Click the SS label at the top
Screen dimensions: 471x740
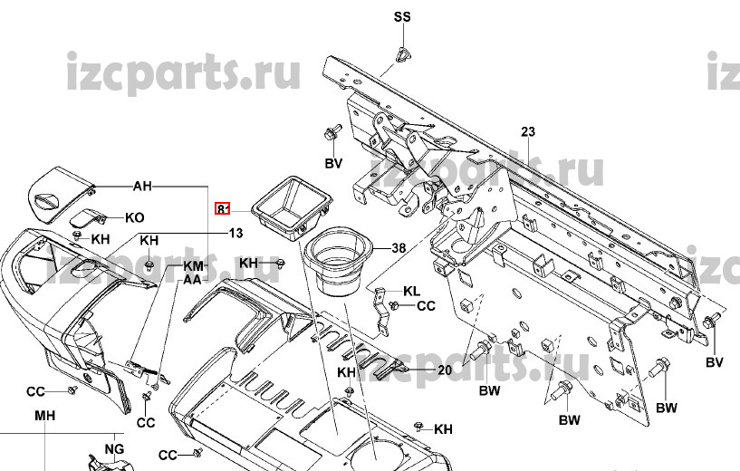(401, 18)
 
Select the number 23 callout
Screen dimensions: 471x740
(528, 132)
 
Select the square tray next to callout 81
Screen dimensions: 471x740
(291, 210)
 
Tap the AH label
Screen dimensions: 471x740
(142, 187)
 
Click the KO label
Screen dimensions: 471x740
(134, 218)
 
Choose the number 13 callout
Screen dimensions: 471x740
(235, 233)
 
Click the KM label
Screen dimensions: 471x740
(194, 266)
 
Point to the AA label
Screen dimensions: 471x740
(192, 280)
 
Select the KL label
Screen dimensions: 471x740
(412, 292)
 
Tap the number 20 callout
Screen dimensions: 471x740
(444, 370)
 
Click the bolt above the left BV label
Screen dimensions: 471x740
(329, 137)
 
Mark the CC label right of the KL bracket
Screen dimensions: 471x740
(426, 306)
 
